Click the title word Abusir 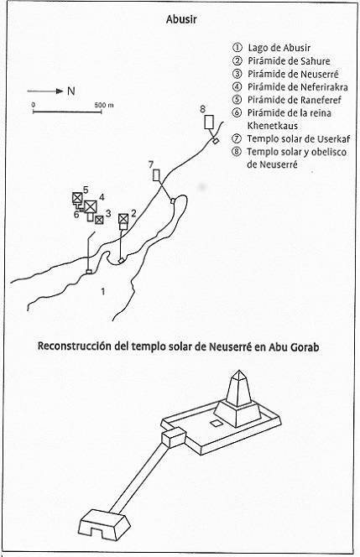(x=181, y=19)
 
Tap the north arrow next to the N (x=45, y=91)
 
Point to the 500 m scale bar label (x=104, y=105)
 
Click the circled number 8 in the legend (x=236, y=152)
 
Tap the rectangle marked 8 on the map (x=209, y=122)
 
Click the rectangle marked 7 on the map (x=156, y=175)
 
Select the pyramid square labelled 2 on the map (x=123, y=218)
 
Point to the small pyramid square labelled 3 (x=99, y=220)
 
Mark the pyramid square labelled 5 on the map (x=77, y=197)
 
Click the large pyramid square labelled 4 (x=91, y=206)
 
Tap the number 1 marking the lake (x=103, y=292)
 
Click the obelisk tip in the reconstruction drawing (x=239, y=371)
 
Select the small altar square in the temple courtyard (x=216, y=423)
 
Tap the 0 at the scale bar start (x=33, y=105)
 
